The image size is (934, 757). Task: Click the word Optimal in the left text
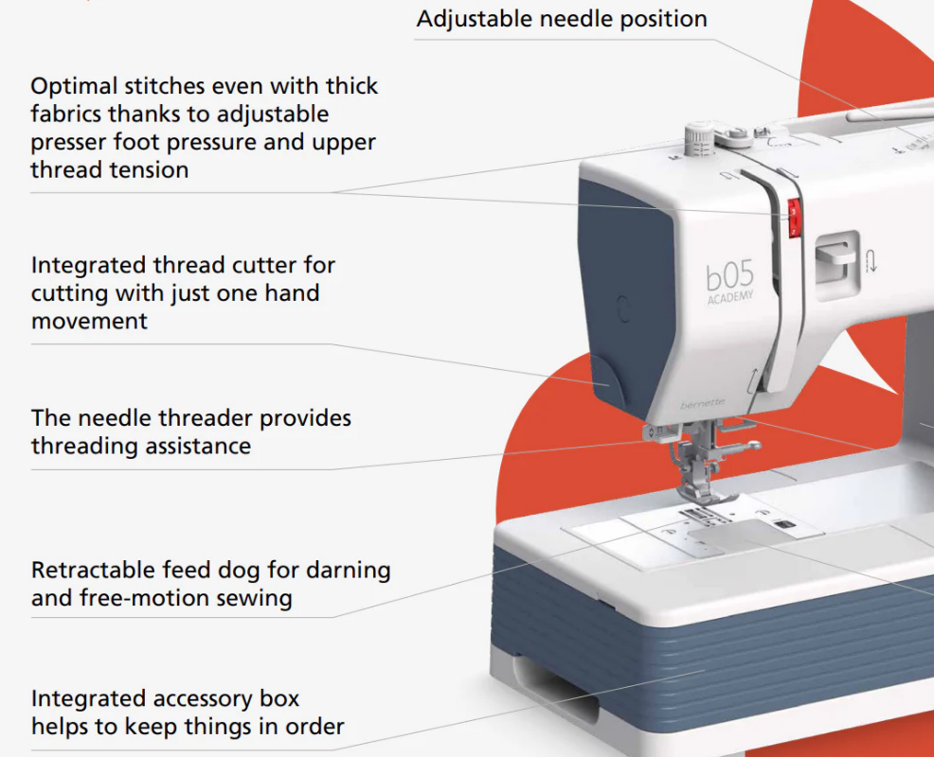click(74, 87)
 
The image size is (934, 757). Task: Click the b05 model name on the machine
click(729, 276)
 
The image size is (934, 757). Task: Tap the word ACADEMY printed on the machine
click(730, 297)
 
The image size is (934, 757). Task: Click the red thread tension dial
click(794, 218)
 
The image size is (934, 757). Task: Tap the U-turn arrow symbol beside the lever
click(871, 260)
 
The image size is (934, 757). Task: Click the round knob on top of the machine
click(699, 139)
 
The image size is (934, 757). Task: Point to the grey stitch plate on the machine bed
click(742, 535)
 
